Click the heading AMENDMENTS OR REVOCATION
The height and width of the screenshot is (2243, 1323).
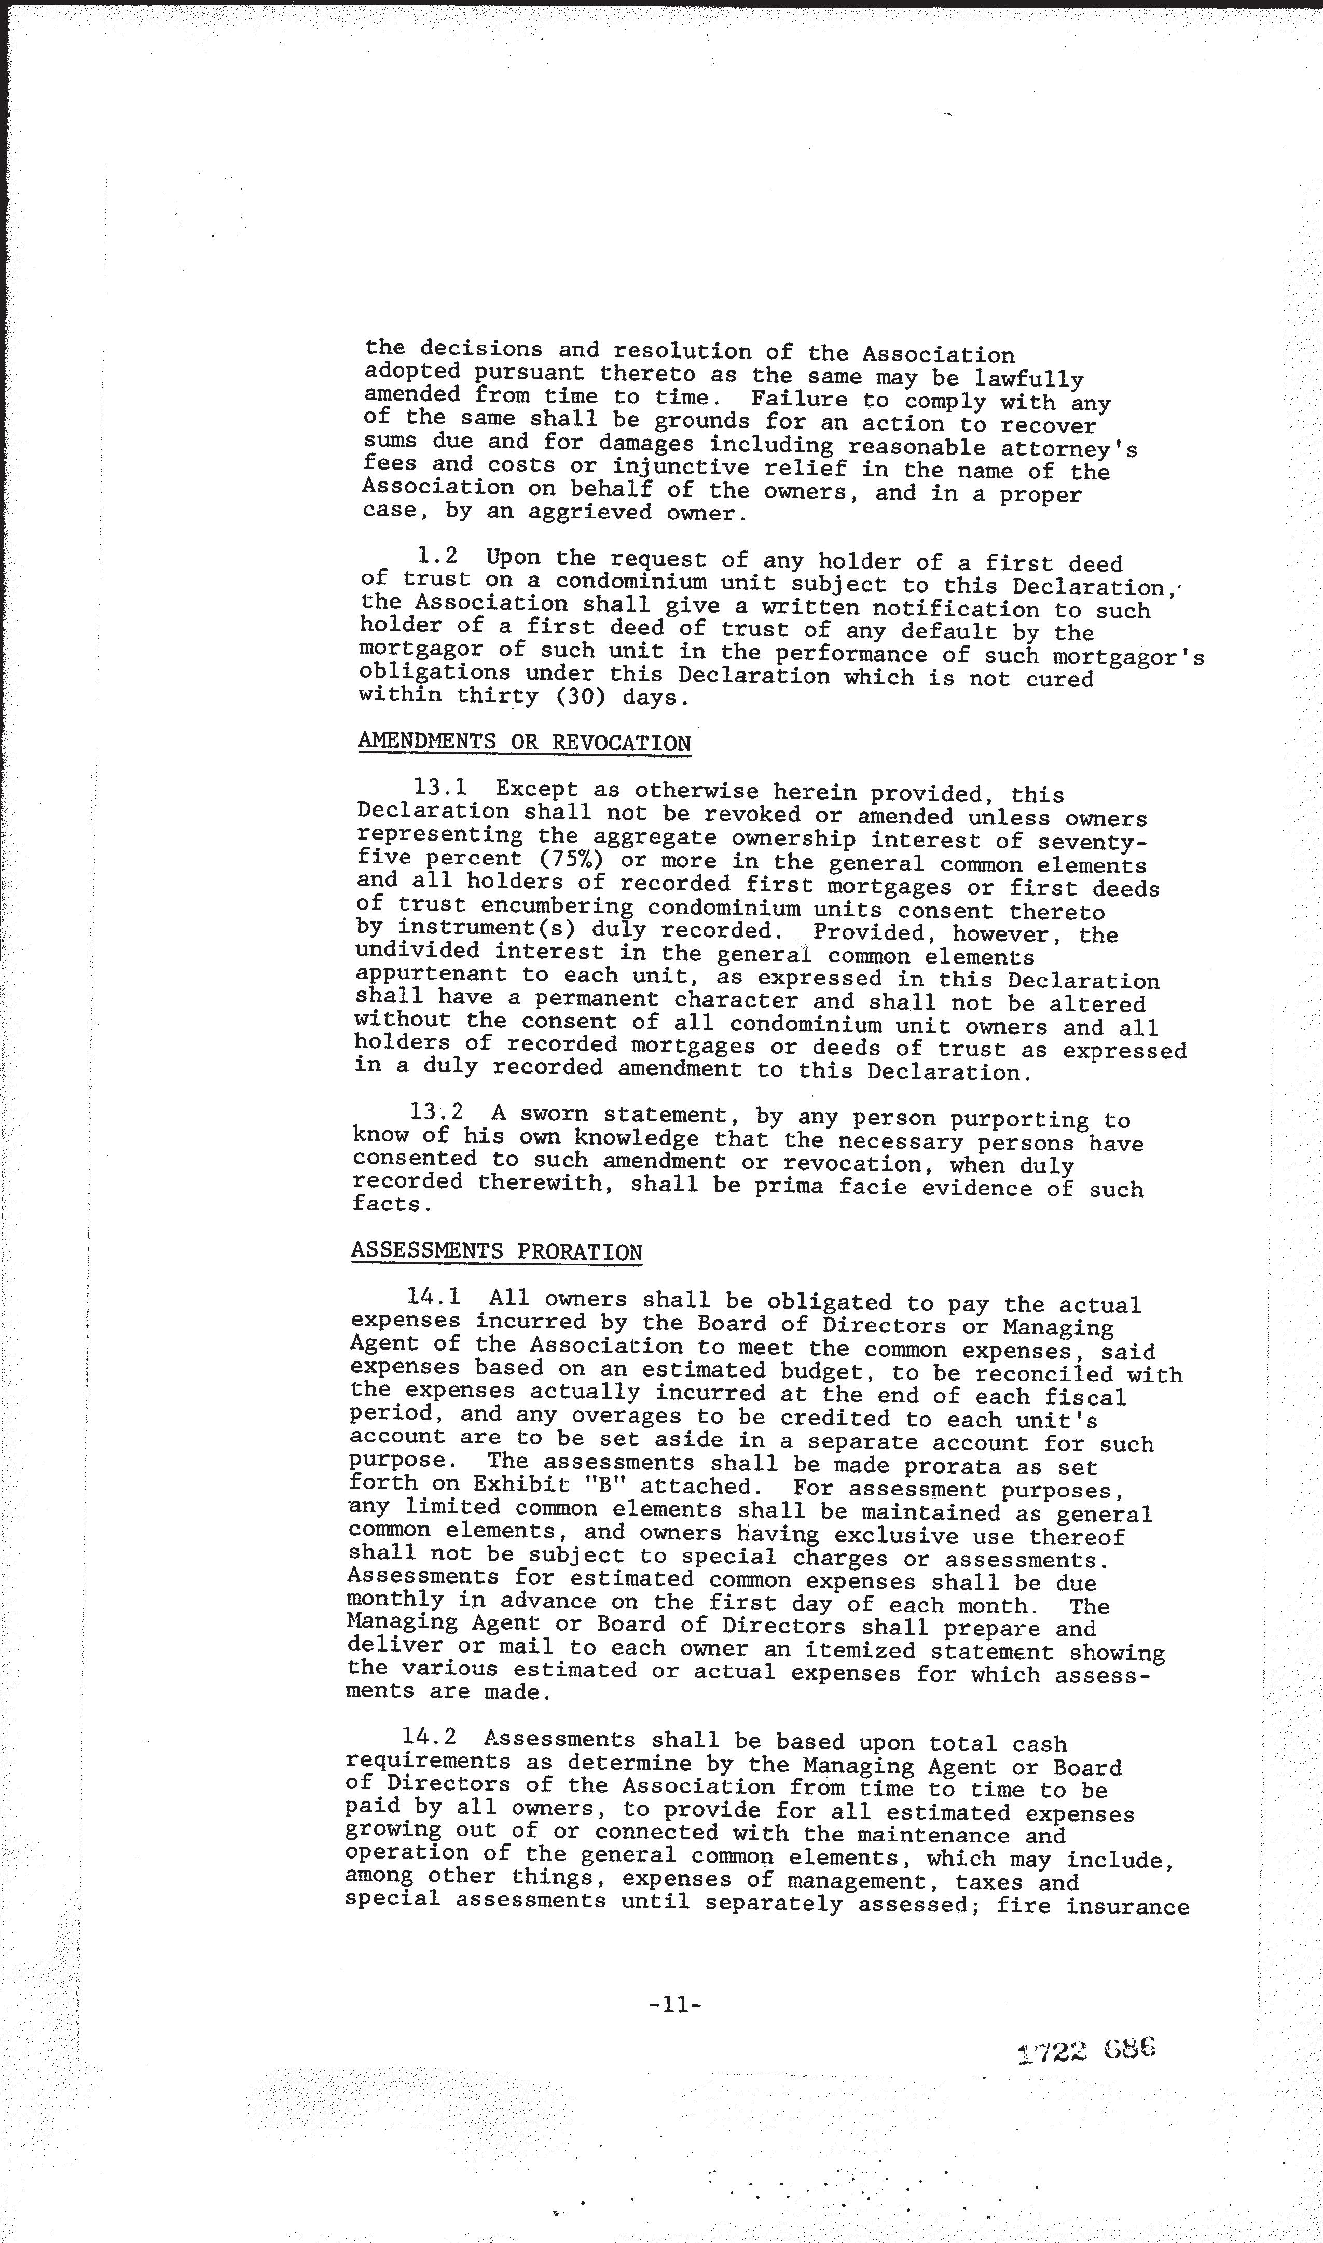524,742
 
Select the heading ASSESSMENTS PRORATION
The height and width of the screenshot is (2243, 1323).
497,1251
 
